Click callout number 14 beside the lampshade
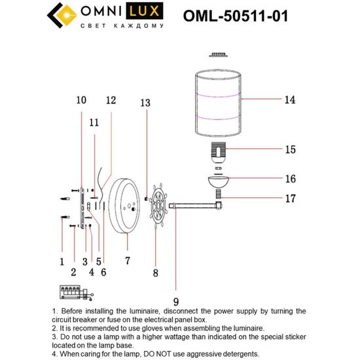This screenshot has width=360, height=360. click(290, 100)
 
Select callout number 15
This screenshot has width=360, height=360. click(290, 150)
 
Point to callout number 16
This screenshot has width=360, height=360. click(290, 179)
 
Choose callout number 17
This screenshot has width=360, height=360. click(290, 198)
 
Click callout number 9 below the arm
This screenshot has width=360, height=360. click(175, 285)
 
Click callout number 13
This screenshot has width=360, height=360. click(145, 103)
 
